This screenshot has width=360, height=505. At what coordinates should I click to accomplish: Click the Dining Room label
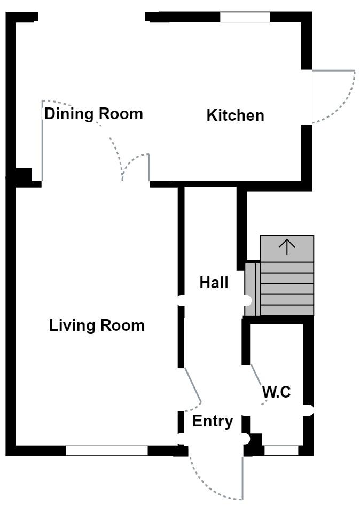[x=93, y=114]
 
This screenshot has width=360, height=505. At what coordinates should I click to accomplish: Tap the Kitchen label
[x=235, y=115]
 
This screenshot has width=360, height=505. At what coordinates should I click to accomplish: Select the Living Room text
[x=97, y=325]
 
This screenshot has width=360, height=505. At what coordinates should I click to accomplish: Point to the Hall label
[x=214, y=283]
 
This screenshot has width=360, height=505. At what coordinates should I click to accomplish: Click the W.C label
[x=276, y=392]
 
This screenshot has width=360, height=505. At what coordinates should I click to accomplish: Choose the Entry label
[x=213, y=422]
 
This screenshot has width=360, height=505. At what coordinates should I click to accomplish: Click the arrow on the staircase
[x=287, y=247]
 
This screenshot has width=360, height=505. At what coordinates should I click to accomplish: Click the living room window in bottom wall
[x=106, y=450]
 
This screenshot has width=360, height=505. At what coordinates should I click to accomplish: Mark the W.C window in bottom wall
[x=281, y=450]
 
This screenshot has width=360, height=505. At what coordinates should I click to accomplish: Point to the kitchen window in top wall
[x=245, y=17]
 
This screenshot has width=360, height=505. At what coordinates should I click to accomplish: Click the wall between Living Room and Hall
[x=181, y=240]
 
